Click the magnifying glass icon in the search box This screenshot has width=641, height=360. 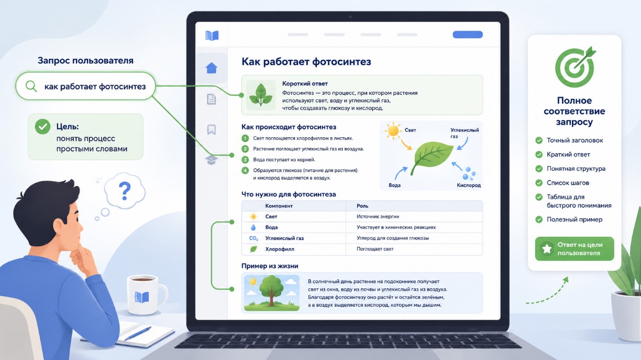click(31, 86)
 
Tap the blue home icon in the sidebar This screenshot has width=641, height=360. click(212, 68)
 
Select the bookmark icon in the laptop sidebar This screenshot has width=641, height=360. click(212, 129)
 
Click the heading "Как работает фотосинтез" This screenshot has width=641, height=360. click(306, 62)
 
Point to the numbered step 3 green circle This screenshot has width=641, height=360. click(245, 160)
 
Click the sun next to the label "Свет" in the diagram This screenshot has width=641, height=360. click(393, 130)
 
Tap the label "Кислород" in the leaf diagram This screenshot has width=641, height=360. click(469, 186)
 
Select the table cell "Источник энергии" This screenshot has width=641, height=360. click(378, 216)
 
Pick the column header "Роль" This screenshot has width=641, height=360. click(362, 206)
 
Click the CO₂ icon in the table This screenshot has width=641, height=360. click(253, 238)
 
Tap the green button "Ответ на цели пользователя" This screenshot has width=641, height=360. click(574, 249)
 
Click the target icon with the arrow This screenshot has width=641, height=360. click(574, 67)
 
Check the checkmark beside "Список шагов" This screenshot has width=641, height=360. click(539, 183)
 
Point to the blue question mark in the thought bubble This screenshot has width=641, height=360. click(125, 191)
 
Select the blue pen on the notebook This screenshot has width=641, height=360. click(138, 333)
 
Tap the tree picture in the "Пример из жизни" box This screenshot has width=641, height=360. click(272, 293)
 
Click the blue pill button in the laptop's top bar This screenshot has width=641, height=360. click(468, 35)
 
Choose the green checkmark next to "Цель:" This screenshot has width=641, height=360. click(42, 127)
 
